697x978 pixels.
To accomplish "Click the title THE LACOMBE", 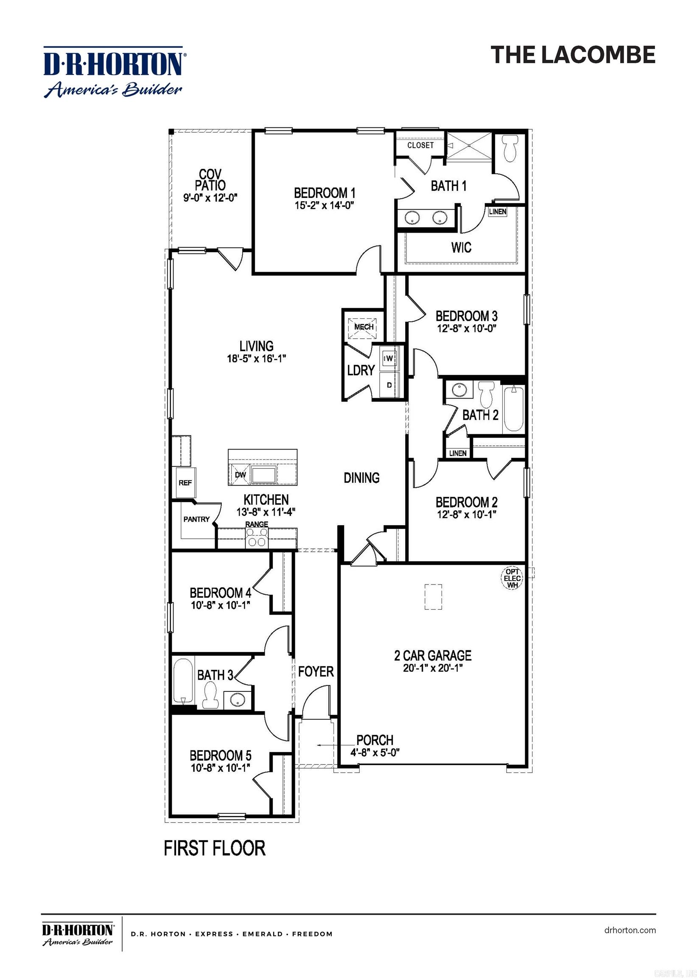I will coord(573,55).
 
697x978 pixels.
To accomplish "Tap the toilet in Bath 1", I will coord(509,149).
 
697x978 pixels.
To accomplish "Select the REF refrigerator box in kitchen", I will coord(185,483).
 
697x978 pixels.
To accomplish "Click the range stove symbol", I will coord(257,537).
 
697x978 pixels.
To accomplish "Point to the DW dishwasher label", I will coord(241,475).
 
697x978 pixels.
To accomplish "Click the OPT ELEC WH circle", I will coord(512,578).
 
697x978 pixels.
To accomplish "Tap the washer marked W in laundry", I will coord(389,358).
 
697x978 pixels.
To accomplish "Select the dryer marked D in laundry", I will coord(389,385).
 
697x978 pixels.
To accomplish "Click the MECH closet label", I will coord(364,327).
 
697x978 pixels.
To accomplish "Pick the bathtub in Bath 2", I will coord(513,409).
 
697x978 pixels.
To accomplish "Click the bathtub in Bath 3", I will coord(183,681).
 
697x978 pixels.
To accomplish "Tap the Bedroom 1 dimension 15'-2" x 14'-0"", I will coord(324,205).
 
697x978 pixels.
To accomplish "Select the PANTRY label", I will coord(196,519).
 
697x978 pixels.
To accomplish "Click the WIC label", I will coord(461,247).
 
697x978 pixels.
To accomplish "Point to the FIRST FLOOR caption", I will coord(215,849).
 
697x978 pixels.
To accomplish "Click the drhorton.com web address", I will coord(630,930).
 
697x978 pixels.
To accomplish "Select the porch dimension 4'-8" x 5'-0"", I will coord(375,752).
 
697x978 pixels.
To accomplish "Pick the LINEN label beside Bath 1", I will coord(498,212).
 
